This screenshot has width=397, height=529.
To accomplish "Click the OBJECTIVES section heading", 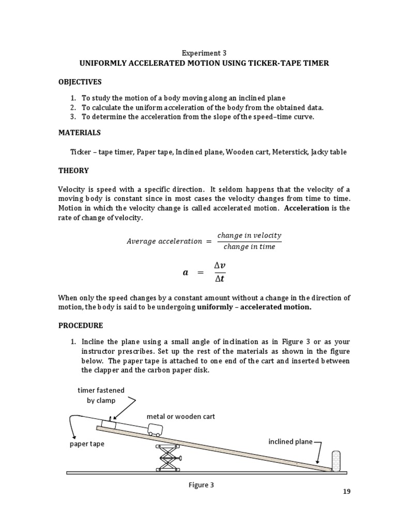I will [x=80, y=82].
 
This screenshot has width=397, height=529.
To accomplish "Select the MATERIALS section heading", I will [x=79, y=133].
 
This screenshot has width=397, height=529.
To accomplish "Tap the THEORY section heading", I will [x=73, y=170].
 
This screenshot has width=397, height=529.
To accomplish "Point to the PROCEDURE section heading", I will [x=81, y=325].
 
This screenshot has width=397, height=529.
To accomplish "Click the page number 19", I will [x=346, y=491].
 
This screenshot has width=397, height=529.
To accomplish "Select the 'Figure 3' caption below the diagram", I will [x=203, y=485].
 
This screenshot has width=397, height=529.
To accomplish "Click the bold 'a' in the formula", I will [x=186, y=273].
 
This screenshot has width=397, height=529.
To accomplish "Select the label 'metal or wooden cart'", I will [x=180, y=416].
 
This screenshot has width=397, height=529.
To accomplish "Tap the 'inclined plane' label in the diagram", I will [x=290, y=442].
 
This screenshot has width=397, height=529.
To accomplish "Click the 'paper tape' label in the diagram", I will [x=87, y=444].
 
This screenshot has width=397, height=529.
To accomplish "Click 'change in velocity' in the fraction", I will [x=249, y=236].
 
